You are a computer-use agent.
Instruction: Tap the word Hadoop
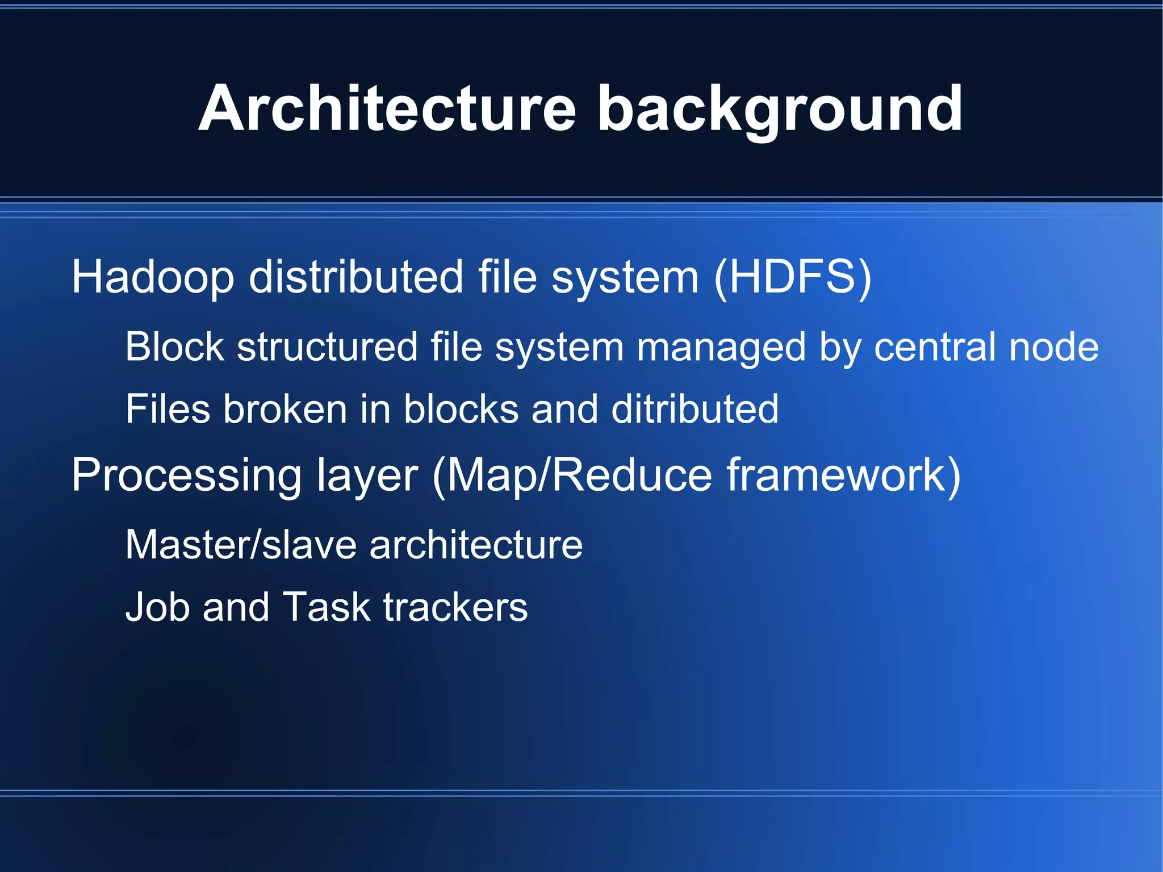[x=153, y=277]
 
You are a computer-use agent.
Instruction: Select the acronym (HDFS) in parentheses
[x=792, y=277]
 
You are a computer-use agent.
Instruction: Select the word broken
[x=285, y=409]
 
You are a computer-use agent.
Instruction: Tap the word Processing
[x=186, y=476]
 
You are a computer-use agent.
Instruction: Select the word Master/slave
[x=241, y=545]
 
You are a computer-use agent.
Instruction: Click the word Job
[x=157, y=607]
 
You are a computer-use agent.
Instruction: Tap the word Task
[x=326, y=607]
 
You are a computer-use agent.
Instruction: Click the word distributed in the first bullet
[x=356, y=277]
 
